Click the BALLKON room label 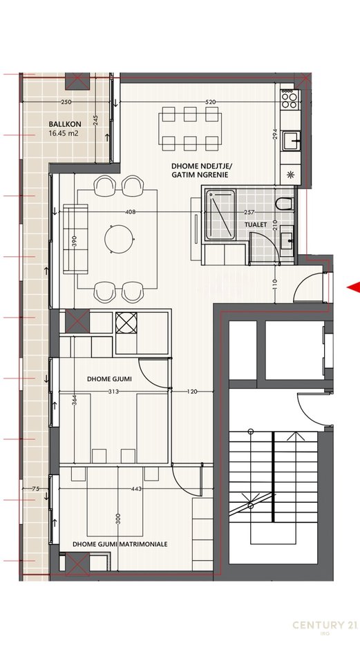[x=65, y=124]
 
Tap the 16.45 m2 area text [x=64, y=133]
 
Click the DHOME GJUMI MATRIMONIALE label [x=120, y=544]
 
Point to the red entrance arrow [x=354, y=287]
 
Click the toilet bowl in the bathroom [x=284, y=204]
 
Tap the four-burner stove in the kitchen [x=290, y=100]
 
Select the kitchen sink [x=292, y=140]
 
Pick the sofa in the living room [x=76, y=239]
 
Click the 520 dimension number [x=211, y=102]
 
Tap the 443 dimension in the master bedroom [x=136, y=489]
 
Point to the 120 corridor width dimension [x=192, y=392]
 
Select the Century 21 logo [x=325, y=626]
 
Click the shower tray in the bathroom [x=220, y=215]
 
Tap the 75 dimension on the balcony [x=35, y=489]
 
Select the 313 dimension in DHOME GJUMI [x=113, y=392]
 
